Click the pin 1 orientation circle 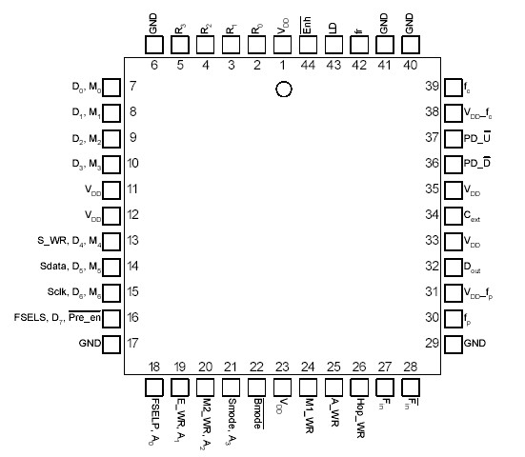point(282,89)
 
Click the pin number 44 point(307,64)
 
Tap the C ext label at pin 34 point(473,217)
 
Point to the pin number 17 point(132,343)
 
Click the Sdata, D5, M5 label point(64,268)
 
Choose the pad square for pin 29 point(451,342)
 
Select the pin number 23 point(281,366)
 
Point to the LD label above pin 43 point(333,29)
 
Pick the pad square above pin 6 point(153,49)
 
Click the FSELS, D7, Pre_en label point(53,318)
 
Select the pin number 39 point(431,87)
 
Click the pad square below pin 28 point(411,387)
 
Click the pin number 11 point(132,189)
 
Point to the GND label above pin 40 point(411,23)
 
